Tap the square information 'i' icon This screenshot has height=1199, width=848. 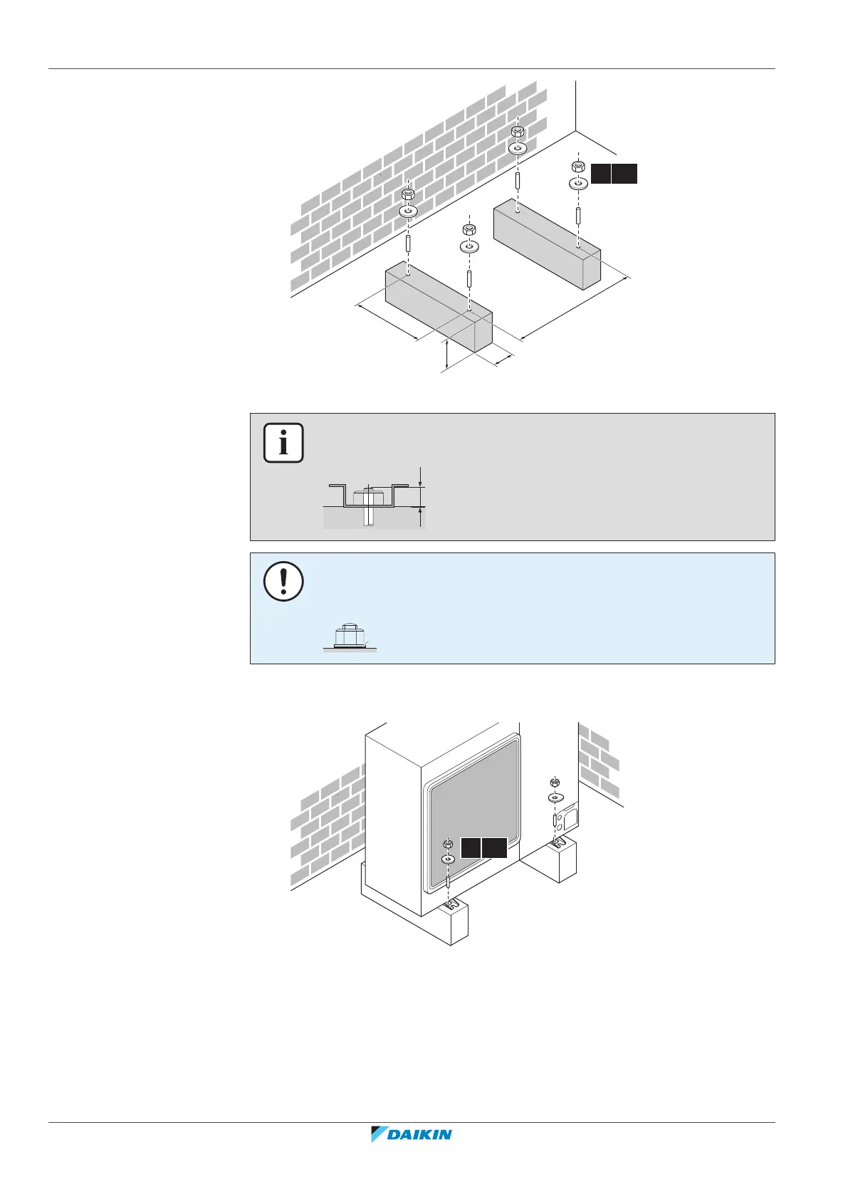(x=283, y=443)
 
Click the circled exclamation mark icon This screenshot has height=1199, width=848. (x=283, y=582)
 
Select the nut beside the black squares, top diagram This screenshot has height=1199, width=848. (x=578, y=167)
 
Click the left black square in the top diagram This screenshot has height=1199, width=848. (x=600, y=174)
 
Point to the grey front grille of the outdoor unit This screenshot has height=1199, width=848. (x=470, y=812)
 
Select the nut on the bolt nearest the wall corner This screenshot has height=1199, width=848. (x=518, y=132)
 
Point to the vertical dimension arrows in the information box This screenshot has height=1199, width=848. (x=422, y=496)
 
